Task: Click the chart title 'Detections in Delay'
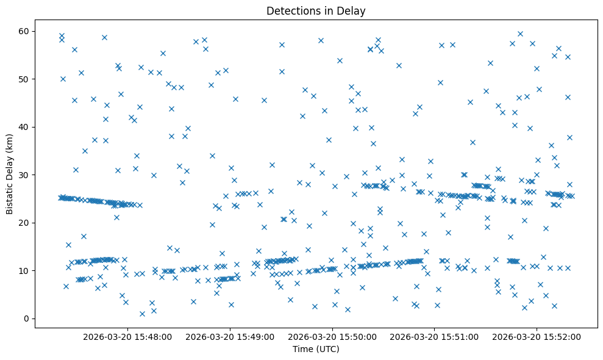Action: (316, 11)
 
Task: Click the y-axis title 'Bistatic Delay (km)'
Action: (10, 175)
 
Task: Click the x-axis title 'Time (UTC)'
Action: (316, 349)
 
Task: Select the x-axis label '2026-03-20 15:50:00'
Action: (334, 336)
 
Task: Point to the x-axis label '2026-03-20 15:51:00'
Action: (435, 336)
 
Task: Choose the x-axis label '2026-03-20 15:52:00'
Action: (537, 336)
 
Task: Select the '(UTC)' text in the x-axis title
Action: (327, 349)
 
